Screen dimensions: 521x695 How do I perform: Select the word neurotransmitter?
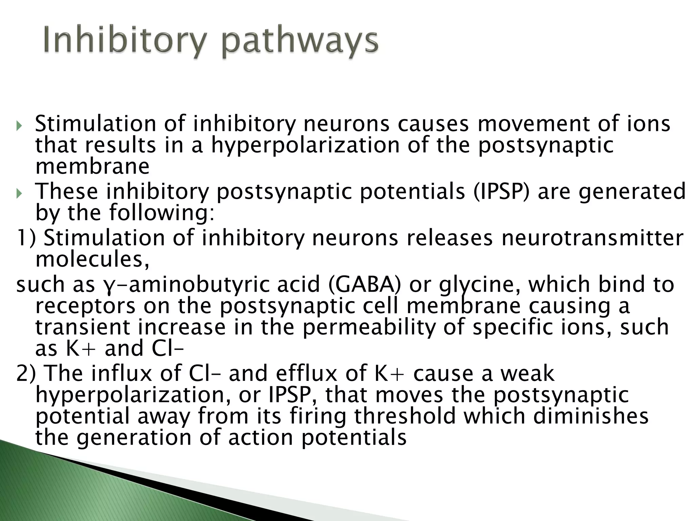click(592, 238)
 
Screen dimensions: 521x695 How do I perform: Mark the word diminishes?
click(590, 417)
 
